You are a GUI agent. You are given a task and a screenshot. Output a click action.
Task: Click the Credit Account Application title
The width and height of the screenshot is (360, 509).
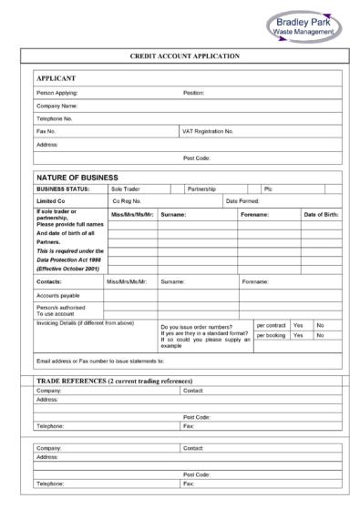point(185,56)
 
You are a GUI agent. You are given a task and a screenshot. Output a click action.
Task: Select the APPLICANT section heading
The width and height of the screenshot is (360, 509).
point(55,79)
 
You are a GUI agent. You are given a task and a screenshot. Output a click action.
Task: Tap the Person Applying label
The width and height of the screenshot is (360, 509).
point(57,93)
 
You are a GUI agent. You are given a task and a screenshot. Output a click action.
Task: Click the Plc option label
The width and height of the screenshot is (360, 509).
point(268,188)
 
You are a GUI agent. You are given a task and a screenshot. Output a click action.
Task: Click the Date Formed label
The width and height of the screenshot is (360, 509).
point(243,200)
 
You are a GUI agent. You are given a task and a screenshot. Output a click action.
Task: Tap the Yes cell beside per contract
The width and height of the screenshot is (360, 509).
point(298,325)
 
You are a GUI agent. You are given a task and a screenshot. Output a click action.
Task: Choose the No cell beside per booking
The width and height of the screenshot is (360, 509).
point(320,336)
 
